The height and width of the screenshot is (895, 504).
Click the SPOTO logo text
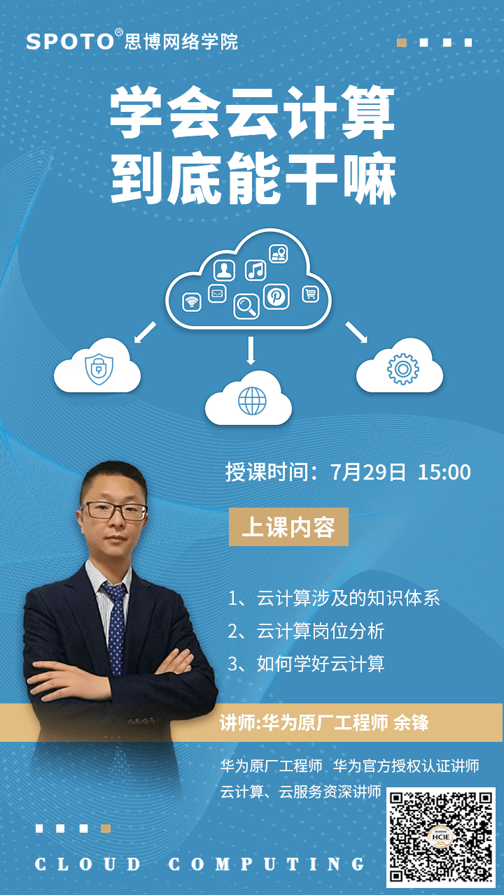point(70,41)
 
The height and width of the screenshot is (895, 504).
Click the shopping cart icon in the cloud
point(310,294)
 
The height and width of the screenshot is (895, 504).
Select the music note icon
point(255,270)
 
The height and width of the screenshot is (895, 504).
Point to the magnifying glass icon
point(246,306)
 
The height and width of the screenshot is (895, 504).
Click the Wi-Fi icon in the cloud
point(192,302)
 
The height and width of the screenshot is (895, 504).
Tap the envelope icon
point(217,294)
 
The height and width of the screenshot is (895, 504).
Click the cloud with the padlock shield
point(97,366)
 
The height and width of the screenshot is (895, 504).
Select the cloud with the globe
point(248,399)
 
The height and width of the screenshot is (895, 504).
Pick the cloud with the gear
point(400,366)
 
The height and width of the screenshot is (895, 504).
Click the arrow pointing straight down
point(251,350)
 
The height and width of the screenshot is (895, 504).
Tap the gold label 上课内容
point(288,527)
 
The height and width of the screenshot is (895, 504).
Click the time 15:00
point(444,472)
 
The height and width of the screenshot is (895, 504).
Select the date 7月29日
point(368,472)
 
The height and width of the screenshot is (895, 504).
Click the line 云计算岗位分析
point(306,631)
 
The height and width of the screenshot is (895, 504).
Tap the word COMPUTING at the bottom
point(267,864)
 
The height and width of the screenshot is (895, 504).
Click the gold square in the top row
point(402,43)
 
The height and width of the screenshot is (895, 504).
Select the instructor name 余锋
point(411,722)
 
